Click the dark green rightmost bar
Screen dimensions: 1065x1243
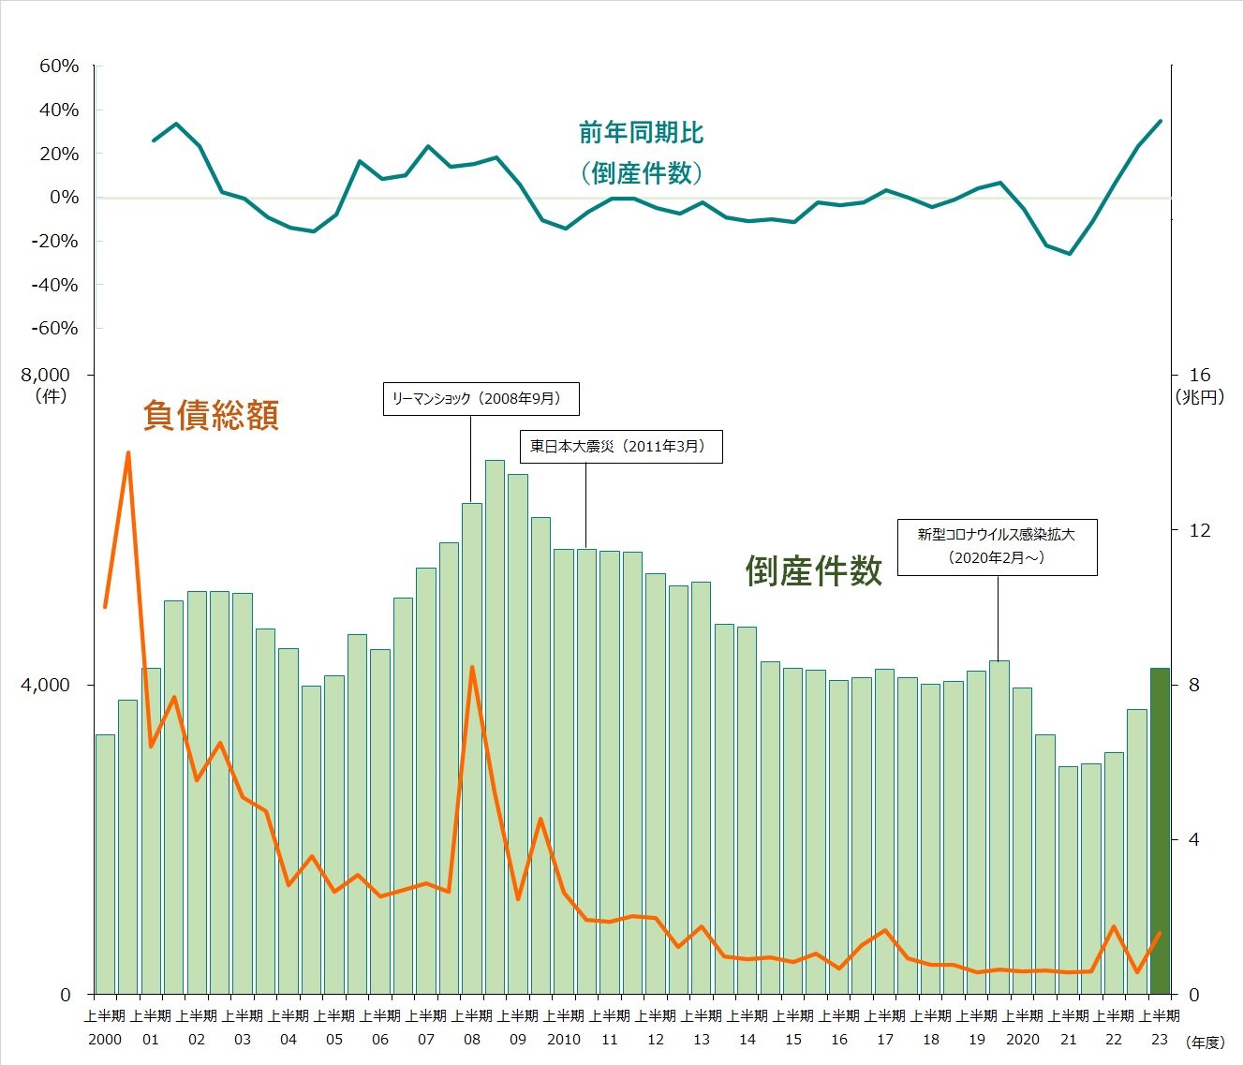[1160, 831]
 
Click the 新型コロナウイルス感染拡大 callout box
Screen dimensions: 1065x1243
[997, 546]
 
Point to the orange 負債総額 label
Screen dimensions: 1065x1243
[211, 414]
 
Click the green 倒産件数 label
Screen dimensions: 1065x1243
[813, 570]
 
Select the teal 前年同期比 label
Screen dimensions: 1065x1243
[642, 133]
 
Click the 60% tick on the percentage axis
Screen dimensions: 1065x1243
[59, 66]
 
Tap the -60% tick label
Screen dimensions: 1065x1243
[56, 328]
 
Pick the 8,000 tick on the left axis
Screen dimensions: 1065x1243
[46, 375]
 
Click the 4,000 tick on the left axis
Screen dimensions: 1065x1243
[46, 685]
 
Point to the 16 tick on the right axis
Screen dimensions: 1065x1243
[1200, 375]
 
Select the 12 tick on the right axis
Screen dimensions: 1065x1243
[1200, 530]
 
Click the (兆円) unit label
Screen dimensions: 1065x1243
[1200, 397]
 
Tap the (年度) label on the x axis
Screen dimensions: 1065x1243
[1205, 1042]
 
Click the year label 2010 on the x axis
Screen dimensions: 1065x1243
[564, 1039]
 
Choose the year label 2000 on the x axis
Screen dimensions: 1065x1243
[105, 1039]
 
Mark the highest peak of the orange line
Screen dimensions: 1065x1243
[128, 452]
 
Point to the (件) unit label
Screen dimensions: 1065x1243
[52, 395]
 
